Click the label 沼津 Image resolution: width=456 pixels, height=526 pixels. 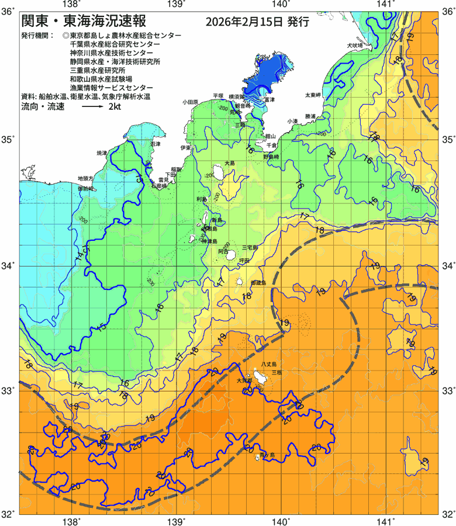(x=156, y=143)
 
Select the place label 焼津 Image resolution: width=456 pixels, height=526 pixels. (x=102, y=153)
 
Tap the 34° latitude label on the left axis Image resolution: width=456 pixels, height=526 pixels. (x=9, y=266)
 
